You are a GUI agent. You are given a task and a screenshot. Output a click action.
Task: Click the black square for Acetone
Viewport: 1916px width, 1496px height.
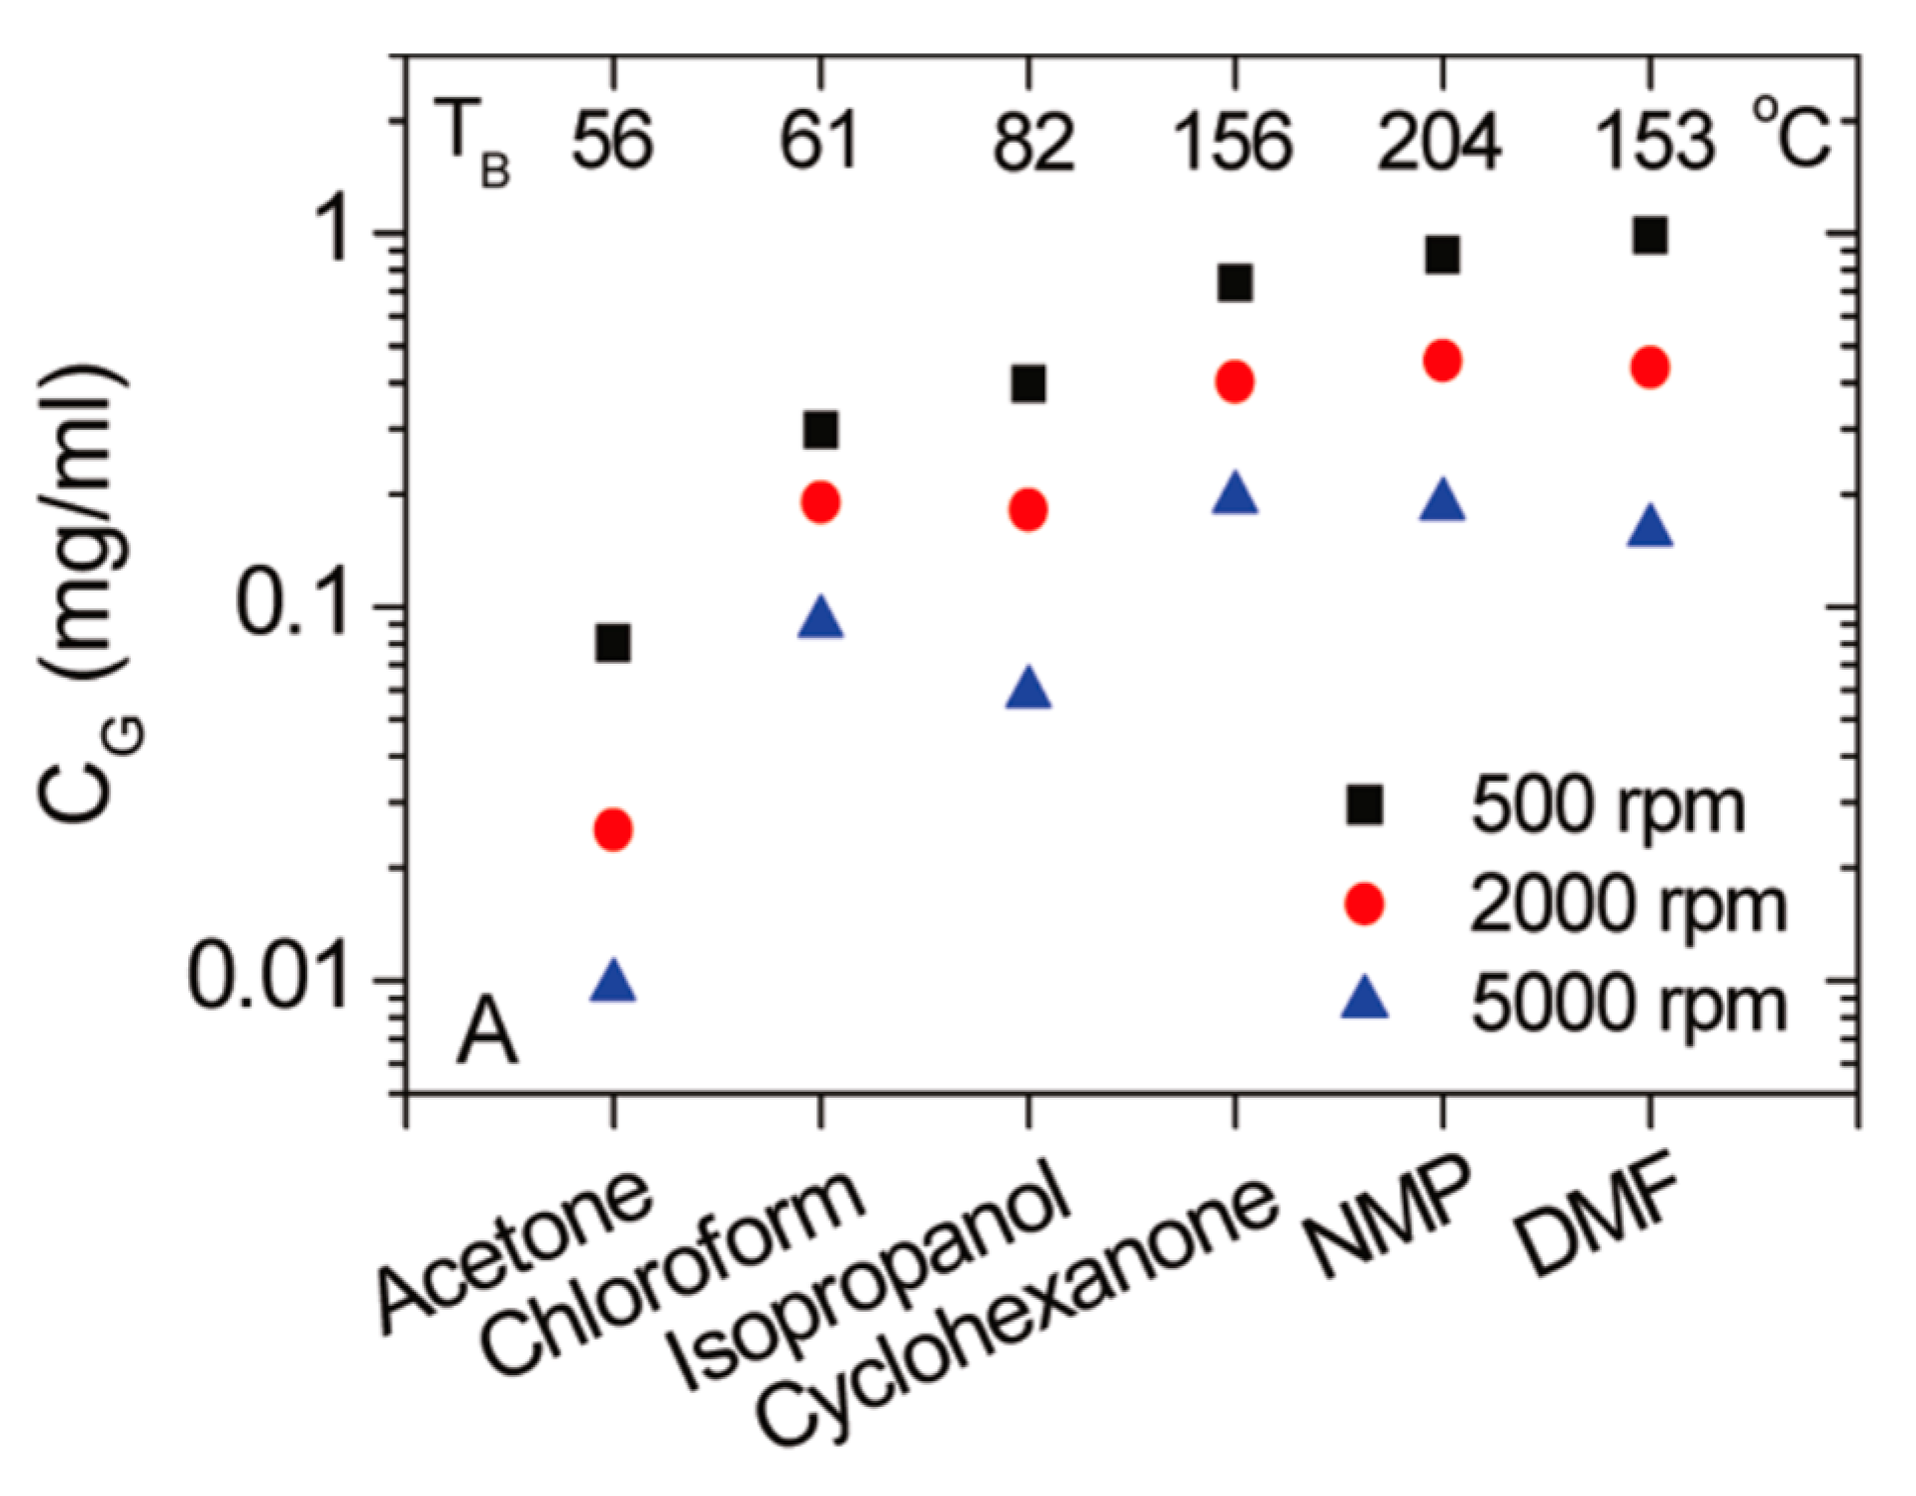pos(613,643)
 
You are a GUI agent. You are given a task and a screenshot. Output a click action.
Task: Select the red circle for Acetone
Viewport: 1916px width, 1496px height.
pos(613,829)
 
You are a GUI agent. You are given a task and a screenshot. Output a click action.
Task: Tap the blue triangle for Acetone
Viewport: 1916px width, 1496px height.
pos(613,982)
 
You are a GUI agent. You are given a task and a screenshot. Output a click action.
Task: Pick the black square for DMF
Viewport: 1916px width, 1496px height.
pos(1650,237)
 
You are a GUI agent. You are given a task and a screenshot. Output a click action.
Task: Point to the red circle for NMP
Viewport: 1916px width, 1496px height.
pos(1442,362)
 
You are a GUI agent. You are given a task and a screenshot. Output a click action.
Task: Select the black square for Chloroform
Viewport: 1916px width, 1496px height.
pos(821,430)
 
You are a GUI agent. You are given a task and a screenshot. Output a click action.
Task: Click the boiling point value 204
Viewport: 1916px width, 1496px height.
pos(1438,141)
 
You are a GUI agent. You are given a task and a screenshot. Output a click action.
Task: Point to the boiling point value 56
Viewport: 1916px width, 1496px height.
pos(612,141)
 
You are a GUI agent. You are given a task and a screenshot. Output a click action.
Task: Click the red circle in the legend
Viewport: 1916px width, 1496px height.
pos(1364,903)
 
